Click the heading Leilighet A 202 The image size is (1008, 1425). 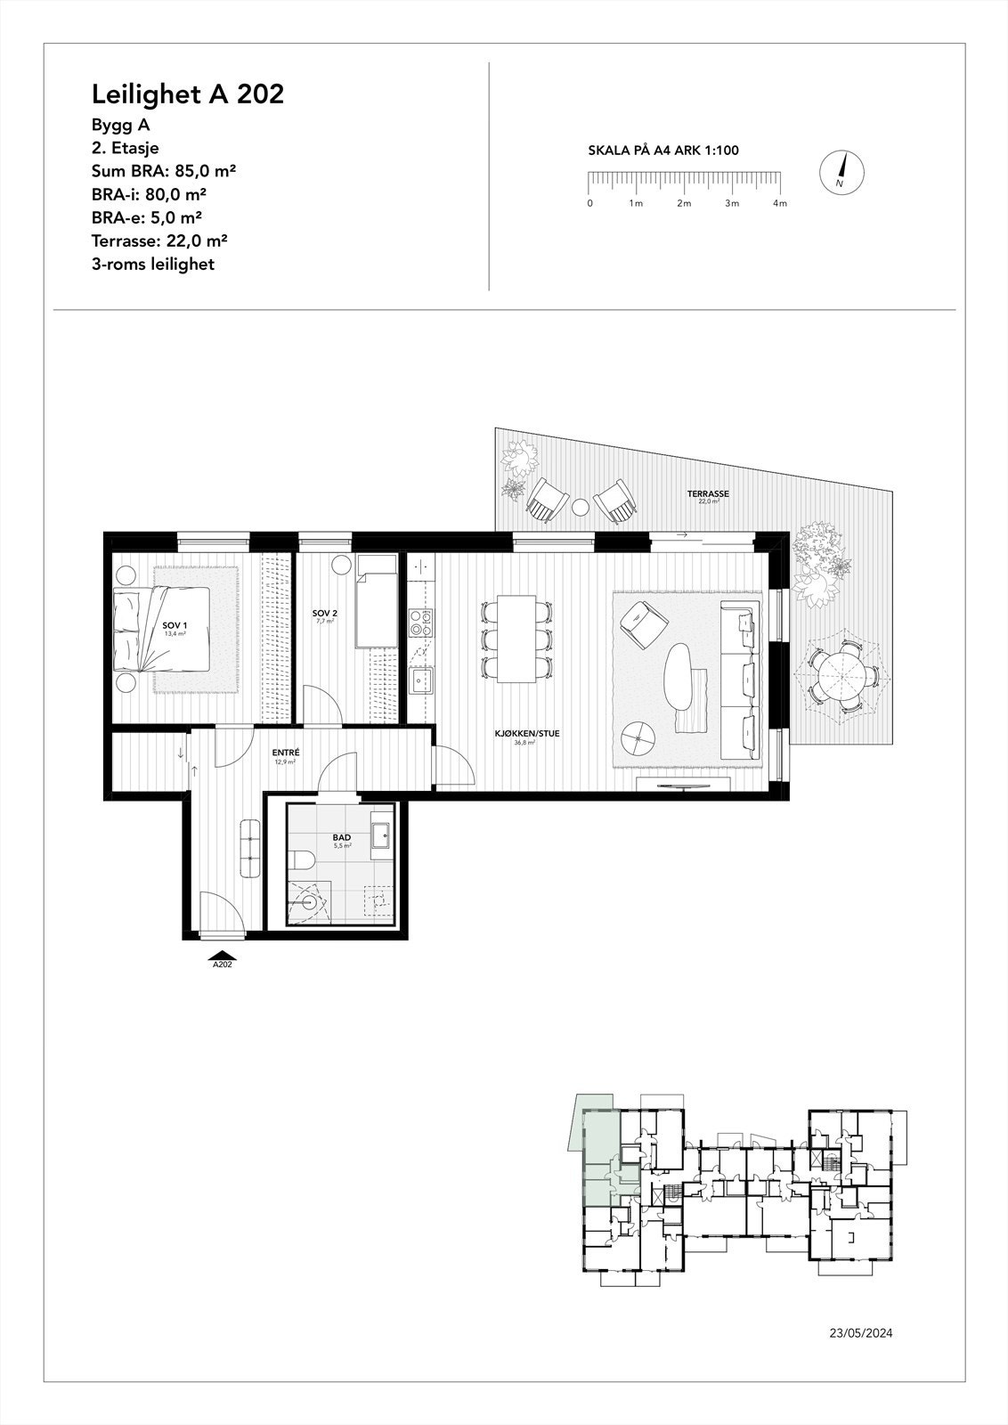tap(188, 94)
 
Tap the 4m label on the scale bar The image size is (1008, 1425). tap(780, 204)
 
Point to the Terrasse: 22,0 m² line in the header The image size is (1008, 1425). tap(159, 240)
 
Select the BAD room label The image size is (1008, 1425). tap(341, 838)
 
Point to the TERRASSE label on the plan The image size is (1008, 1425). tap(708, 493)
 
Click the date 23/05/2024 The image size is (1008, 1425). tap(860, 1333)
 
